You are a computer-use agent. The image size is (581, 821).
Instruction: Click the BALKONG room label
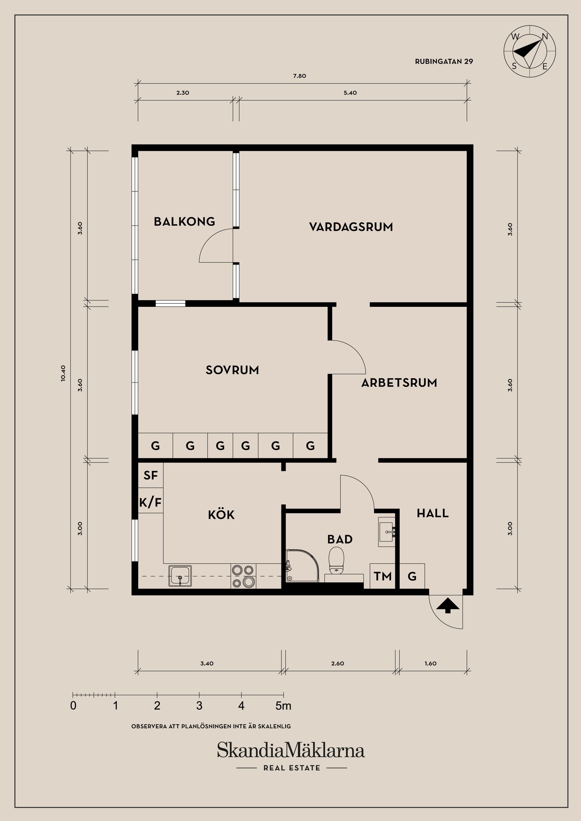pos(184,221)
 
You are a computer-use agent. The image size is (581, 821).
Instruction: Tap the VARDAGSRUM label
pos(351,227)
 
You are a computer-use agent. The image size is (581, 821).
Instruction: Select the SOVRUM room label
pos(232,370)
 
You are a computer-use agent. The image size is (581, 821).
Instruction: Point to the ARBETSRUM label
pos(399,383)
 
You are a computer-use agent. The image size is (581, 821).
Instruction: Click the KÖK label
pos(221,514)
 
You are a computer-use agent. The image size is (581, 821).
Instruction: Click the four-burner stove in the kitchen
pos(243,576)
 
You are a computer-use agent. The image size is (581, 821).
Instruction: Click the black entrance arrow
pos(448,606)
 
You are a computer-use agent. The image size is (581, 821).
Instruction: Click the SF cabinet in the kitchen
pos(150,475)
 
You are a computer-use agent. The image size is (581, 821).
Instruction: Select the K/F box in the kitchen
pos(150,502)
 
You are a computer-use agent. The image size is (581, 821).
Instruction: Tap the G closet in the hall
pos(412,576)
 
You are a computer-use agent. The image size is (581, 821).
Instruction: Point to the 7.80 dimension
pos(300,76)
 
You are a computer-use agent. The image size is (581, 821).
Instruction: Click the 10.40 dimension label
pos(63,374)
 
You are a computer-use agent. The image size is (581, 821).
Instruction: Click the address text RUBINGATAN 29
pos(444,61)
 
